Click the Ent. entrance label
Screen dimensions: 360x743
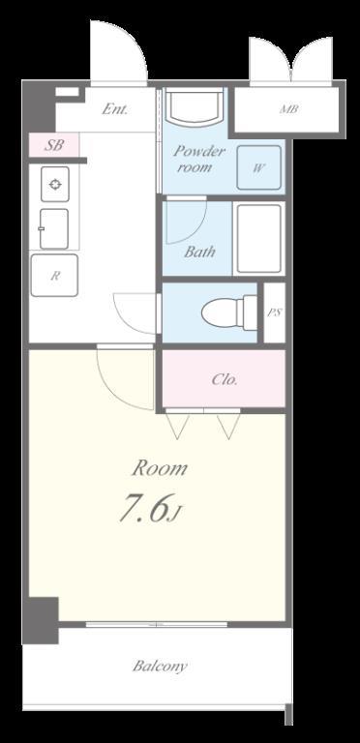115,109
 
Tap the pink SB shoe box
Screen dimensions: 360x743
53,145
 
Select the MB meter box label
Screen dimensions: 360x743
289,109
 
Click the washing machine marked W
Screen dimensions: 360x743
258,167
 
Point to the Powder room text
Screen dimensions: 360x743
198,160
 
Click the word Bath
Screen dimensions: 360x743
199,252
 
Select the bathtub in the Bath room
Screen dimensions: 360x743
258,238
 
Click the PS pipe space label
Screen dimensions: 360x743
275,312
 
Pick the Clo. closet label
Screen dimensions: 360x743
225,379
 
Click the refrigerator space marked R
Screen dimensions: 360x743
54,276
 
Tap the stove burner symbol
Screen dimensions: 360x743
55,185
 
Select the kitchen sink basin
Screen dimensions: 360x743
54,229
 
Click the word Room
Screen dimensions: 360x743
160,468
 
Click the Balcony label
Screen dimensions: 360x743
160,666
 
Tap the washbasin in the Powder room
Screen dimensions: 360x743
196,106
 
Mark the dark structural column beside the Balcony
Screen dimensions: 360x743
42,621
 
